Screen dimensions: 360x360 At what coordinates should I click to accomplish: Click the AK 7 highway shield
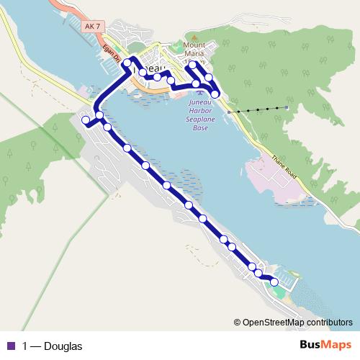point(91,27)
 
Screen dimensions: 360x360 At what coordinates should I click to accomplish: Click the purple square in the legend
point(11,346)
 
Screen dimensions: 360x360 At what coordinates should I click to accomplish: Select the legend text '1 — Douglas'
point(53,346)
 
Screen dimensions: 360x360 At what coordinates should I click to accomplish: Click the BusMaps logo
point(325,346)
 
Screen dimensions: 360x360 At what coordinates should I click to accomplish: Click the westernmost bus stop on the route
point(86,120)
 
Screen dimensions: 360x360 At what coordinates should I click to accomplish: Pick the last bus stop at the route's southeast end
point(274,282)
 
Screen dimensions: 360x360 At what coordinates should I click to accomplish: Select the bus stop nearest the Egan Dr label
point(127,63)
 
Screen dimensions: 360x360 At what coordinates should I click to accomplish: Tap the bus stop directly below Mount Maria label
point(192,65)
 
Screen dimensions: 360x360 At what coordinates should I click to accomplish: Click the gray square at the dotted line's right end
point(286,108)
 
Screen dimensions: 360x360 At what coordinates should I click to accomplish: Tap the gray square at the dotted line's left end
point(229,112)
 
